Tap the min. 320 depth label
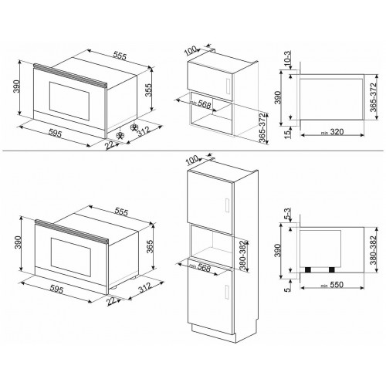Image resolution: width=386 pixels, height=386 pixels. coord(330,132)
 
